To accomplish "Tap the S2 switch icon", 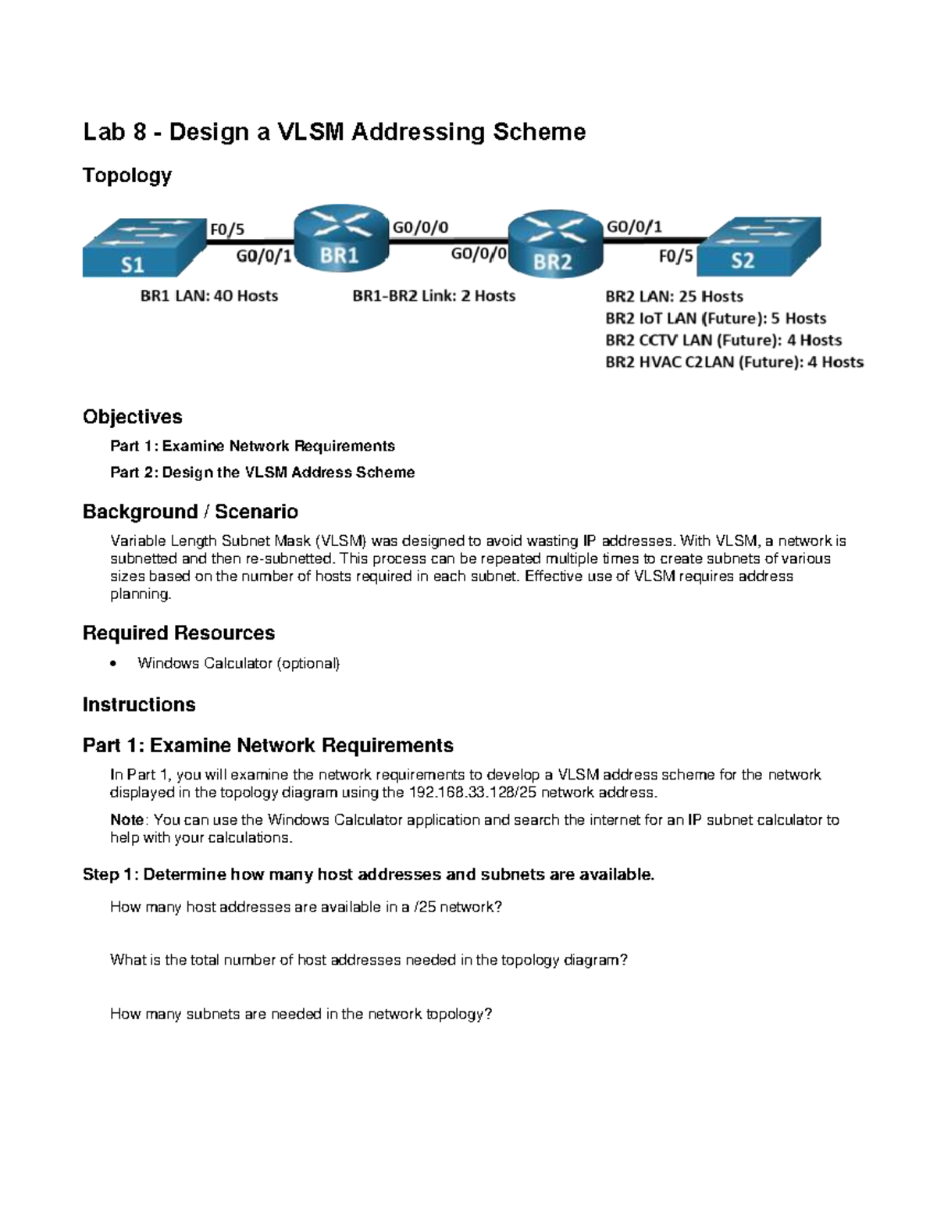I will [x=758, y=246].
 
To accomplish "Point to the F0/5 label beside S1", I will [x=226, y=229].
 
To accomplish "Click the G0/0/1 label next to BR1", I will [x=263, y=255].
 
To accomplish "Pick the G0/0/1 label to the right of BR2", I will [x=634, y=227].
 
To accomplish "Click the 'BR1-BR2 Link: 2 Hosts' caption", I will [x=434, y=296].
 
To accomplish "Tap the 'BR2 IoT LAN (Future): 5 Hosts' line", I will [x=715, y=318].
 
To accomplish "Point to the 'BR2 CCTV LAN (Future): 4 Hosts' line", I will [x=723, y=340].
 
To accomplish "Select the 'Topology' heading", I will [x=126, y=175].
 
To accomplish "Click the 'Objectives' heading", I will [x=132, y=416].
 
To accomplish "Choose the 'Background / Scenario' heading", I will [x=190, y=512].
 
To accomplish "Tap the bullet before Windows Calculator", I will [x=115, y=664].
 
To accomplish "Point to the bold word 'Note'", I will [x=126, y=819].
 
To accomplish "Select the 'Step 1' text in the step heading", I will [x=108, y=874].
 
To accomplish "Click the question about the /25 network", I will [x=306, y=907].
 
